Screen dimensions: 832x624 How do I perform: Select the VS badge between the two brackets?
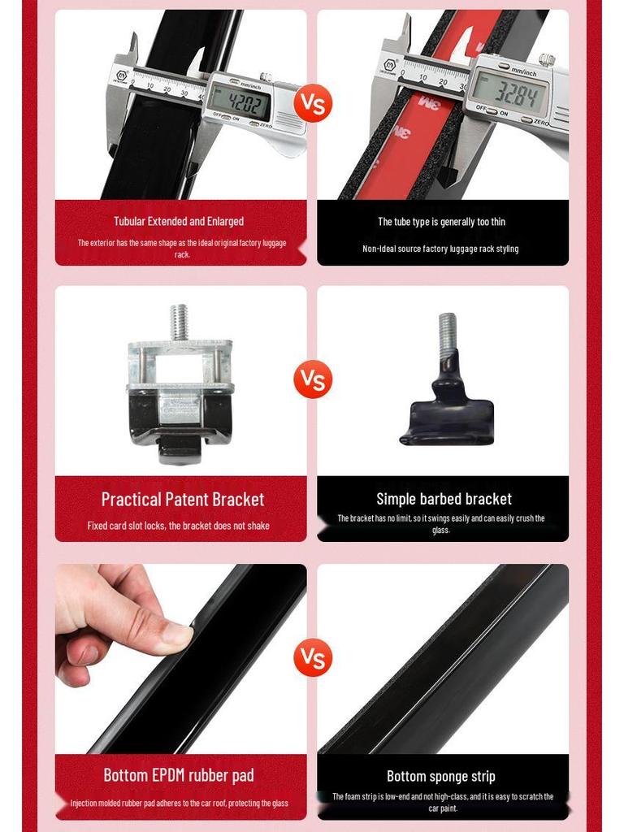click(312, 379)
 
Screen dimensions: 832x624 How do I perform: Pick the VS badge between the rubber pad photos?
click(312, 657)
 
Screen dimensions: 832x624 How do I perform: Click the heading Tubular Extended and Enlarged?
click(179, 221)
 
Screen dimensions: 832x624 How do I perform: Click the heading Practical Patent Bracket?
click(182, 499)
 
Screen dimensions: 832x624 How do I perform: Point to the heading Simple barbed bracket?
click(444, 499)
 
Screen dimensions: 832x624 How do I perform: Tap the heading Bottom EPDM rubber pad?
click(179, 775)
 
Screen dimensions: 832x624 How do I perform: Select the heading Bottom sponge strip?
click(440, 776)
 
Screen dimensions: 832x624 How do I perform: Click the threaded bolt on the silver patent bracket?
click(180, 323)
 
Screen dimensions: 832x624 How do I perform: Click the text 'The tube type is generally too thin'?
click(441, 222)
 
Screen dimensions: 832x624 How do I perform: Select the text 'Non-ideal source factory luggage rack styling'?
click(440, 249)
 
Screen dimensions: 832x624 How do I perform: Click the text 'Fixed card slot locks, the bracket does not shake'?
click(179, 526)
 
